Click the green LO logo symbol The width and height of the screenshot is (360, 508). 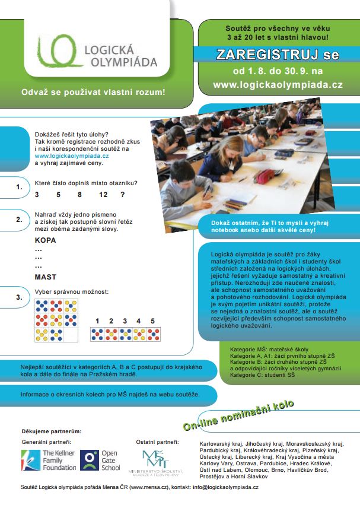pos(57,52)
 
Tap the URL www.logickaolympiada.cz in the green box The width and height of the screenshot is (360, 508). pos(277,85)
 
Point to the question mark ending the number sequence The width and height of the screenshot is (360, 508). pos(123,195)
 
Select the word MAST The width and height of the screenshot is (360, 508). pos(46,277)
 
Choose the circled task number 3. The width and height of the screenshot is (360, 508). pos(19,297)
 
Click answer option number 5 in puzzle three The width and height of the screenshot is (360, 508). pos(152,321)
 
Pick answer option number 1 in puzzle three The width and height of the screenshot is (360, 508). pos(97,321)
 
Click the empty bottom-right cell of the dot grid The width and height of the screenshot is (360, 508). pos(71,336)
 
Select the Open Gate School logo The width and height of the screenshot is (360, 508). pos(100,460)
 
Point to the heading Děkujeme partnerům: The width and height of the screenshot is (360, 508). pos(52,431)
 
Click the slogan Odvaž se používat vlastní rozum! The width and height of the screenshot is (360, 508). pos(93,93)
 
